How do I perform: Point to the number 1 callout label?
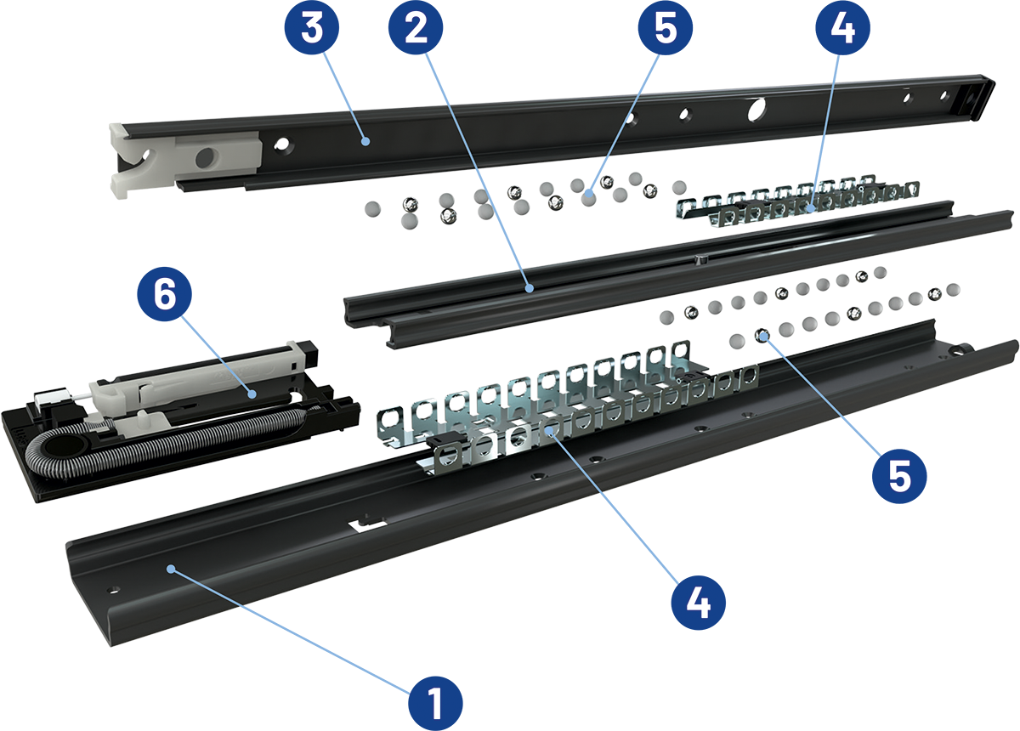pos(435,703)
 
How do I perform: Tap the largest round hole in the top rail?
pos(755,108)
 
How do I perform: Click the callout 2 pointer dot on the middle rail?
pos(530,288)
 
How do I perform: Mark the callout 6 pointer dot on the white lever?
pos(252,393)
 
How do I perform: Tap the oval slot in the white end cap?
pos(205,157)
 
